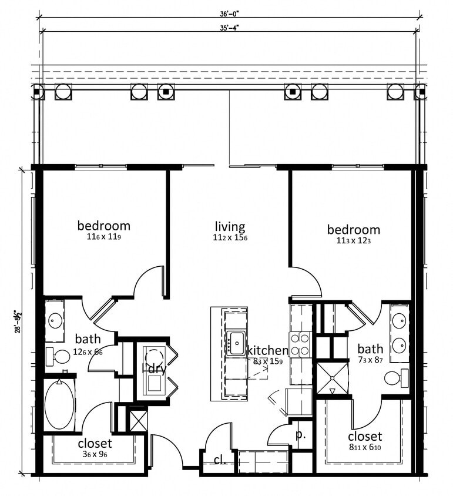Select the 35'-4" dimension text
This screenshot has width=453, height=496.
tap(230, 26)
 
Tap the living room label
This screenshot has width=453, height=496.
tap(230, 226)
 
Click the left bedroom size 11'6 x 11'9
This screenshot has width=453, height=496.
tap(104, 237)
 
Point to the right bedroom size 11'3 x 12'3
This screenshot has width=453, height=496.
tap(353, 241)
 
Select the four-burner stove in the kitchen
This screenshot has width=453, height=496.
tap(300, 344)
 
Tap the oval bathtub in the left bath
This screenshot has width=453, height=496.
tap(59, 405)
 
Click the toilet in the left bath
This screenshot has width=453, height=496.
tap(59, 356)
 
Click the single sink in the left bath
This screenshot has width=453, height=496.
tap(55, 320)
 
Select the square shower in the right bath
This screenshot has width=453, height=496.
tap(333, 378)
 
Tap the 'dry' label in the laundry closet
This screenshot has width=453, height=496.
tap(156, 369)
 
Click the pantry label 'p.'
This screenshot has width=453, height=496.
tap(300, 435)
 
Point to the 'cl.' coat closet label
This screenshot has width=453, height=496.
tap(220, 460)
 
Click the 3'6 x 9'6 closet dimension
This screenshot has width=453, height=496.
tap(95, 454)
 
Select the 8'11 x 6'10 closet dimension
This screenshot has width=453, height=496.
tap(365, 448)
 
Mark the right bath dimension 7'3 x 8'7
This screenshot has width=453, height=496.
tap(370, 360)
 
